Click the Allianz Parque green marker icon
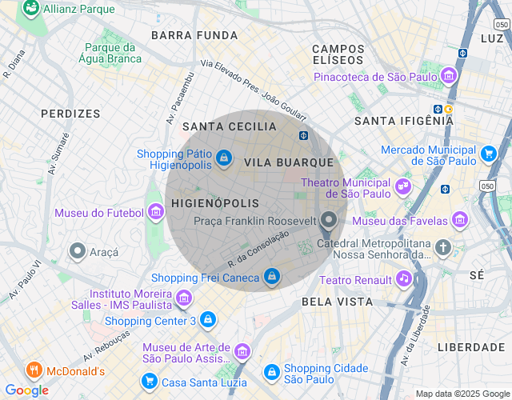coord(31,9)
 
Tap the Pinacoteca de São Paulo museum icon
coord(449,77)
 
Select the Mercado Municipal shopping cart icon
coord(488,152)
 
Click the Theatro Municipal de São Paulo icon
coord(402,187)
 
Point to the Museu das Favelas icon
coord(459,219)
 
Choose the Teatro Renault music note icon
coord(404,278)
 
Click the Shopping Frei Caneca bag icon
coord(272,276)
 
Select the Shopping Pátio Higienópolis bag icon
coord(224,158)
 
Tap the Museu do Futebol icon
coord(156,212)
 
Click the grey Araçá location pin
coord(78,250)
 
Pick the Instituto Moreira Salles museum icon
coord(185,298)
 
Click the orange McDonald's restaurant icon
coord(33,370)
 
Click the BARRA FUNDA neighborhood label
coord(194,35)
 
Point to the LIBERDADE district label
coord(470,347)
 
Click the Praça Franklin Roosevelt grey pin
coord(329,219)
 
